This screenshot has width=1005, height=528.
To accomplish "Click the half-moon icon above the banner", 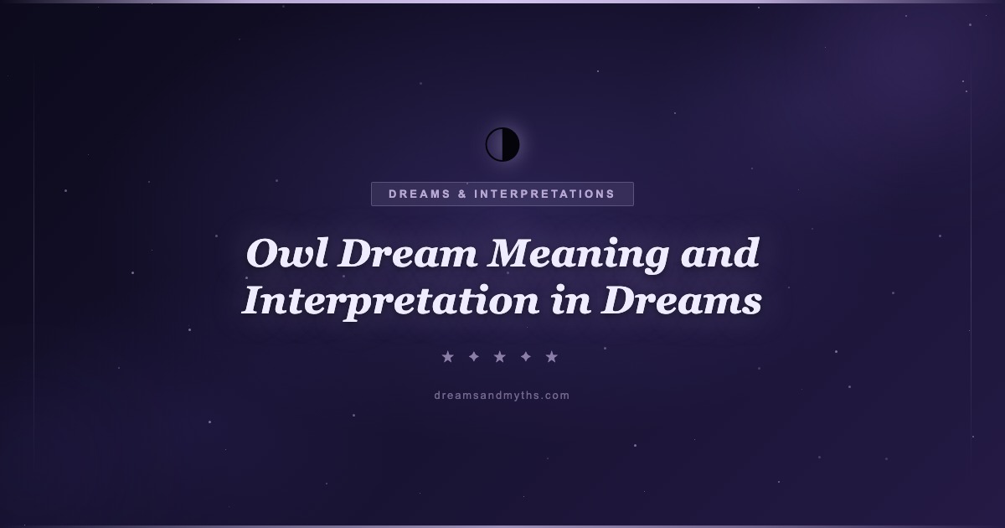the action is point(502,144).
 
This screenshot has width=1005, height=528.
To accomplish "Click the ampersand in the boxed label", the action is point(462,194).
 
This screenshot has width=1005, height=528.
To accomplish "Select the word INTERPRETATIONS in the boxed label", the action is point(544,194).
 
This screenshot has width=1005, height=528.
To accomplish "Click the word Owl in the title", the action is point(287,253).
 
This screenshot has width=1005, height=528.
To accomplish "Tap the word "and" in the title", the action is point(719,253).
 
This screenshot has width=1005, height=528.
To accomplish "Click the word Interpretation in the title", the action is point(390,302).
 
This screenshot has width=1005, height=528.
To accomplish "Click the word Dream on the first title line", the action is point(407,253).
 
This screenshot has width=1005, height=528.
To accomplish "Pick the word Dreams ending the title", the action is point(682,300).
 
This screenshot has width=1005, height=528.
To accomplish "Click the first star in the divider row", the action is point(448,357).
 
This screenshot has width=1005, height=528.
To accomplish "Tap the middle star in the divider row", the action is point(500,357).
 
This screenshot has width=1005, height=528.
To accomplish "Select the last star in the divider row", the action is point(552,357).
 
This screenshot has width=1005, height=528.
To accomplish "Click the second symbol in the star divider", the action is point(474,357).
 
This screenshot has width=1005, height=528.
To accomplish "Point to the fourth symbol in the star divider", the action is point(526,357).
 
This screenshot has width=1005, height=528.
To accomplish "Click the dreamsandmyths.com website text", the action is point(502,396).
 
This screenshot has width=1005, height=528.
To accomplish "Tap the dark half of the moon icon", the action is point(511,144).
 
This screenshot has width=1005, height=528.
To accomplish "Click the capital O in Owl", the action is point(264,254).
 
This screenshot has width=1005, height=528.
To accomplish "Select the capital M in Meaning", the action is point(512,253).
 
